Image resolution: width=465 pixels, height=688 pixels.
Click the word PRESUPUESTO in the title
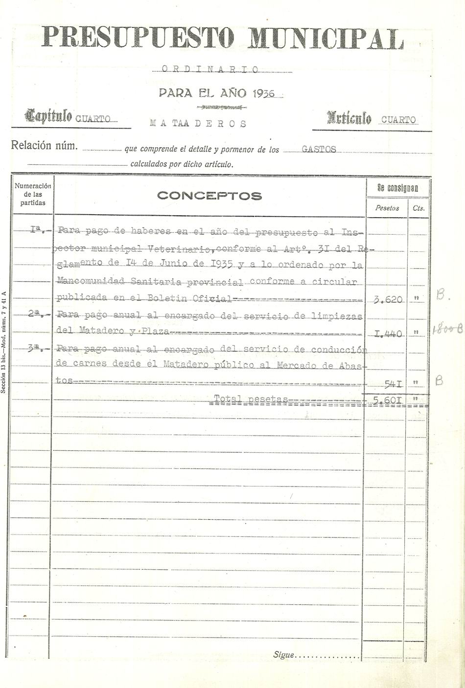(138, 37)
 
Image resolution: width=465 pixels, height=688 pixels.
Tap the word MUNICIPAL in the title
(326, 38)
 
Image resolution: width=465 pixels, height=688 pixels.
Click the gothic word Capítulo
(49, 116)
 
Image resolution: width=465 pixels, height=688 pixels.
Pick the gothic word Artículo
(349, 118)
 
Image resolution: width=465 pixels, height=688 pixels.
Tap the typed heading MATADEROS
(198, 123)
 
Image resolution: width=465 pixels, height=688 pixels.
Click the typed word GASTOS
(319, 149)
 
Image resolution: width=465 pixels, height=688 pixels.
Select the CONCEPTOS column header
(209, 196)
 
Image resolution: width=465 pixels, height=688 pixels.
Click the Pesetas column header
(387, 208)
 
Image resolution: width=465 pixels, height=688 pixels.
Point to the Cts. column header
(418, 208)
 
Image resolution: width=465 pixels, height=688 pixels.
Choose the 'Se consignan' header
(397, 188)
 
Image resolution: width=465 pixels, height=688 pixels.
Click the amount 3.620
(388, 300)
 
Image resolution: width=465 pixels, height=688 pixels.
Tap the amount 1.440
(388, 334)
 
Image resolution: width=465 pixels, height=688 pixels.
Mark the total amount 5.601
(387, 400)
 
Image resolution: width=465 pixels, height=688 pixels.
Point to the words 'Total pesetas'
(251, 399)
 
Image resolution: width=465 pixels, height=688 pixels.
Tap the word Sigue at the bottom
(283, 655)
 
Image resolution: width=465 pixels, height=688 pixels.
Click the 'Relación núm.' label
(44, 145)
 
